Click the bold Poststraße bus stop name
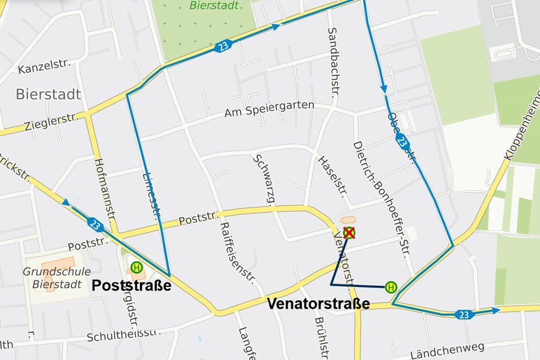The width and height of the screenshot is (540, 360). (131, 286)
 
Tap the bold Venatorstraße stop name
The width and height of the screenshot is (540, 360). (318, 304)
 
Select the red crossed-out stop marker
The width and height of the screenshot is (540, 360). (349, 233)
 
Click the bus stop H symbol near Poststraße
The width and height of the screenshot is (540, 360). (136, 267)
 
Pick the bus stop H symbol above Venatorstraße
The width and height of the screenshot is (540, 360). (391, 287)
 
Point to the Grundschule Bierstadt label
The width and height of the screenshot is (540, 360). (49, 278)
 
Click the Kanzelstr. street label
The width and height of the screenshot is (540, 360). (43, 68)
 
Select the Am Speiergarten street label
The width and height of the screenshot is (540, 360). (269, 109)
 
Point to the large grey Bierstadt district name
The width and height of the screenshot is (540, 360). (49, 94)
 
